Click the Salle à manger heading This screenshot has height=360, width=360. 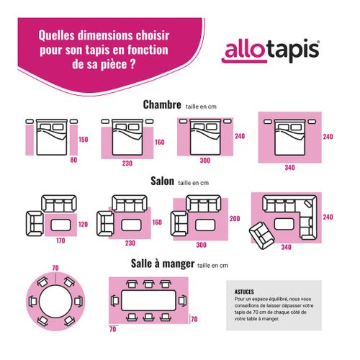tap(162, 264)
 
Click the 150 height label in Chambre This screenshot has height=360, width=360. tap(83, 139)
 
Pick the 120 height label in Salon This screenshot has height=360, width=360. tap(83, 225)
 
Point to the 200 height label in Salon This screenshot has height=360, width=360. tap(234, 218)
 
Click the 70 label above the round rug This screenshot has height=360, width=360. tap(55, 269)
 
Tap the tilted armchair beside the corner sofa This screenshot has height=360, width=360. tap(258, 233)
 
